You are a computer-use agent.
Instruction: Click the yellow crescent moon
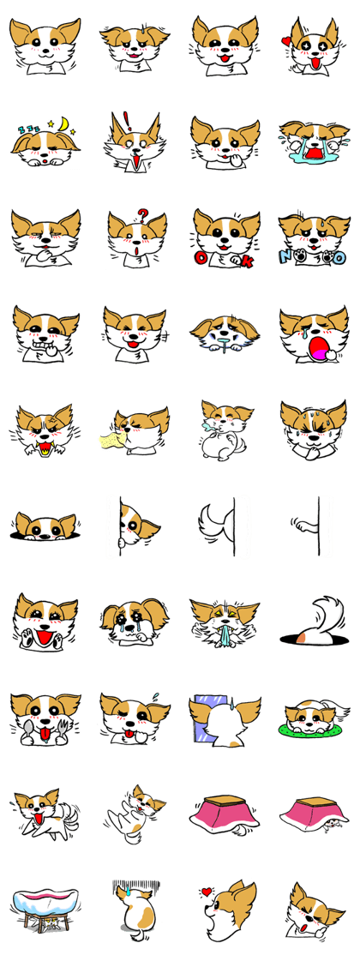(64, 126)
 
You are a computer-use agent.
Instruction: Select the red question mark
(142, 215)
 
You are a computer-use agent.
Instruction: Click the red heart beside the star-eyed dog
(285, 42)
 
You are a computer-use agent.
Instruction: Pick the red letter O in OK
(200, 257)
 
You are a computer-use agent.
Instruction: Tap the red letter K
(246, 261)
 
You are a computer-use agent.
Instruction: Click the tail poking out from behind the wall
(211, 526)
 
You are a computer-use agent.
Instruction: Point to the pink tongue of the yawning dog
(319, 350)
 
